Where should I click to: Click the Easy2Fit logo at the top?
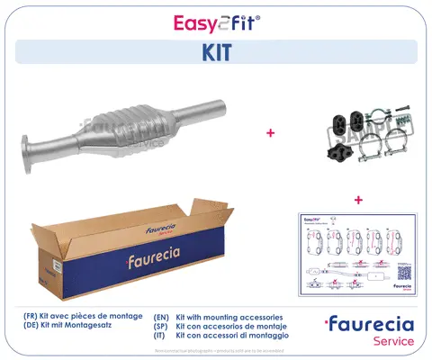pos(216,22)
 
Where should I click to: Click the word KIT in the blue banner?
pos(216,52)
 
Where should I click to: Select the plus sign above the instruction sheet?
pos(358,199)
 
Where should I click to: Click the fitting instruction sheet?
pos(358,253)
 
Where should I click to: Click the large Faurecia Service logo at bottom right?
pos(369,329)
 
